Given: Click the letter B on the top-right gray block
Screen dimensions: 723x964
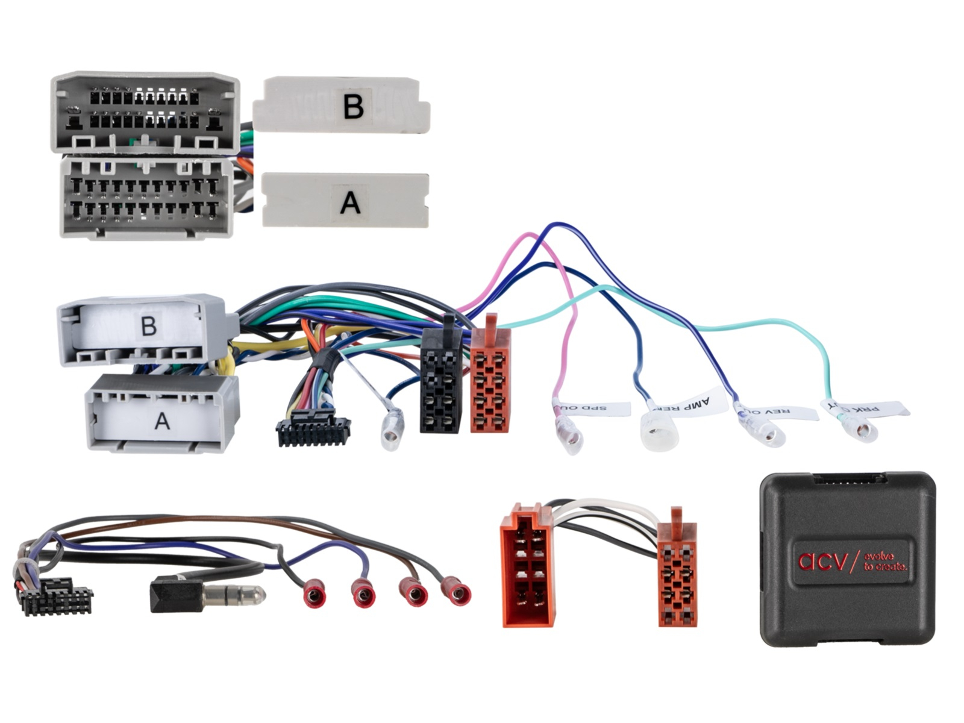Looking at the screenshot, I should coord(353,106).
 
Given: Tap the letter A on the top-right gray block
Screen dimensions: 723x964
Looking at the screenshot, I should coord(350,202).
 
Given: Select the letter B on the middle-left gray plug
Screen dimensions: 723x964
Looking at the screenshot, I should coord(149,326).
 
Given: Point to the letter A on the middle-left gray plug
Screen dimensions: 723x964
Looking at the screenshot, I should coord(161,421).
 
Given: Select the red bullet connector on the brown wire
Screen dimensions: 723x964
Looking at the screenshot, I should coord(413,595).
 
